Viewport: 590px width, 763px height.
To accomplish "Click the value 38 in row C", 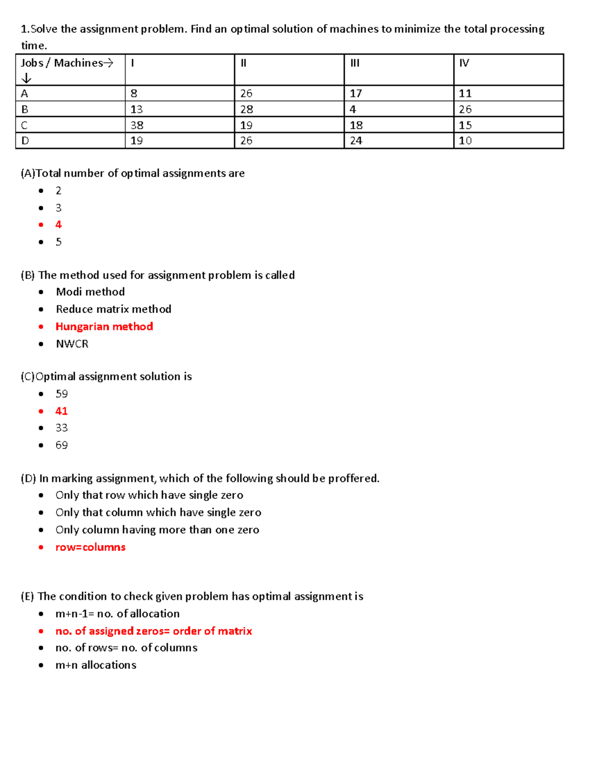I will [137, 125].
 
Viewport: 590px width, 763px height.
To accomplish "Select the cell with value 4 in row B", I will [353, 109].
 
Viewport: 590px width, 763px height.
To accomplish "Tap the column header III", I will [355, 63].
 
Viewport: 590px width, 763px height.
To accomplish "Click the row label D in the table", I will [25, 141].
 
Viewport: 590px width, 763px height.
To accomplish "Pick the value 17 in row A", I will [356, 93].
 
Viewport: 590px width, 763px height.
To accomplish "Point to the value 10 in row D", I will [465, 141].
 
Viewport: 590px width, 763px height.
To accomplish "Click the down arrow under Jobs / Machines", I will [27, 78].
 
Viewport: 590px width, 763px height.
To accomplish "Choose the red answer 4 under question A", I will [59, 225].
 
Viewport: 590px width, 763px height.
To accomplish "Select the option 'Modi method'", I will [90, 292].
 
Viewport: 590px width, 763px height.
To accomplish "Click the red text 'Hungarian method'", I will [104, 327].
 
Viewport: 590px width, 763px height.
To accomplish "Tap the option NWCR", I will [72, 344].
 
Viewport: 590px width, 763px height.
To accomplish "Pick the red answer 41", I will [61, 411].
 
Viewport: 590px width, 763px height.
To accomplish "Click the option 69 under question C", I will [61, 445].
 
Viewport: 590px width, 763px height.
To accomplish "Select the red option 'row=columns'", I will [90, 547].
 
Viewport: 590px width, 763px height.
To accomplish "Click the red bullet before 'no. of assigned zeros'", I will [41, 631].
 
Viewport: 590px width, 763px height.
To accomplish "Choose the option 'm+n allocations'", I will [96, 665].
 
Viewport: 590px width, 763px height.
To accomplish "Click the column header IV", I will [464, 63].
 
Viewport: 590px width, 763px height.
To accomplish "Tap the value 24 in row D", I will [356, 141].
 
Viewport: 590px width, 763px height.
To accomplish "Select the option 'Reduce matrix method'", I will [114, 309].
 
